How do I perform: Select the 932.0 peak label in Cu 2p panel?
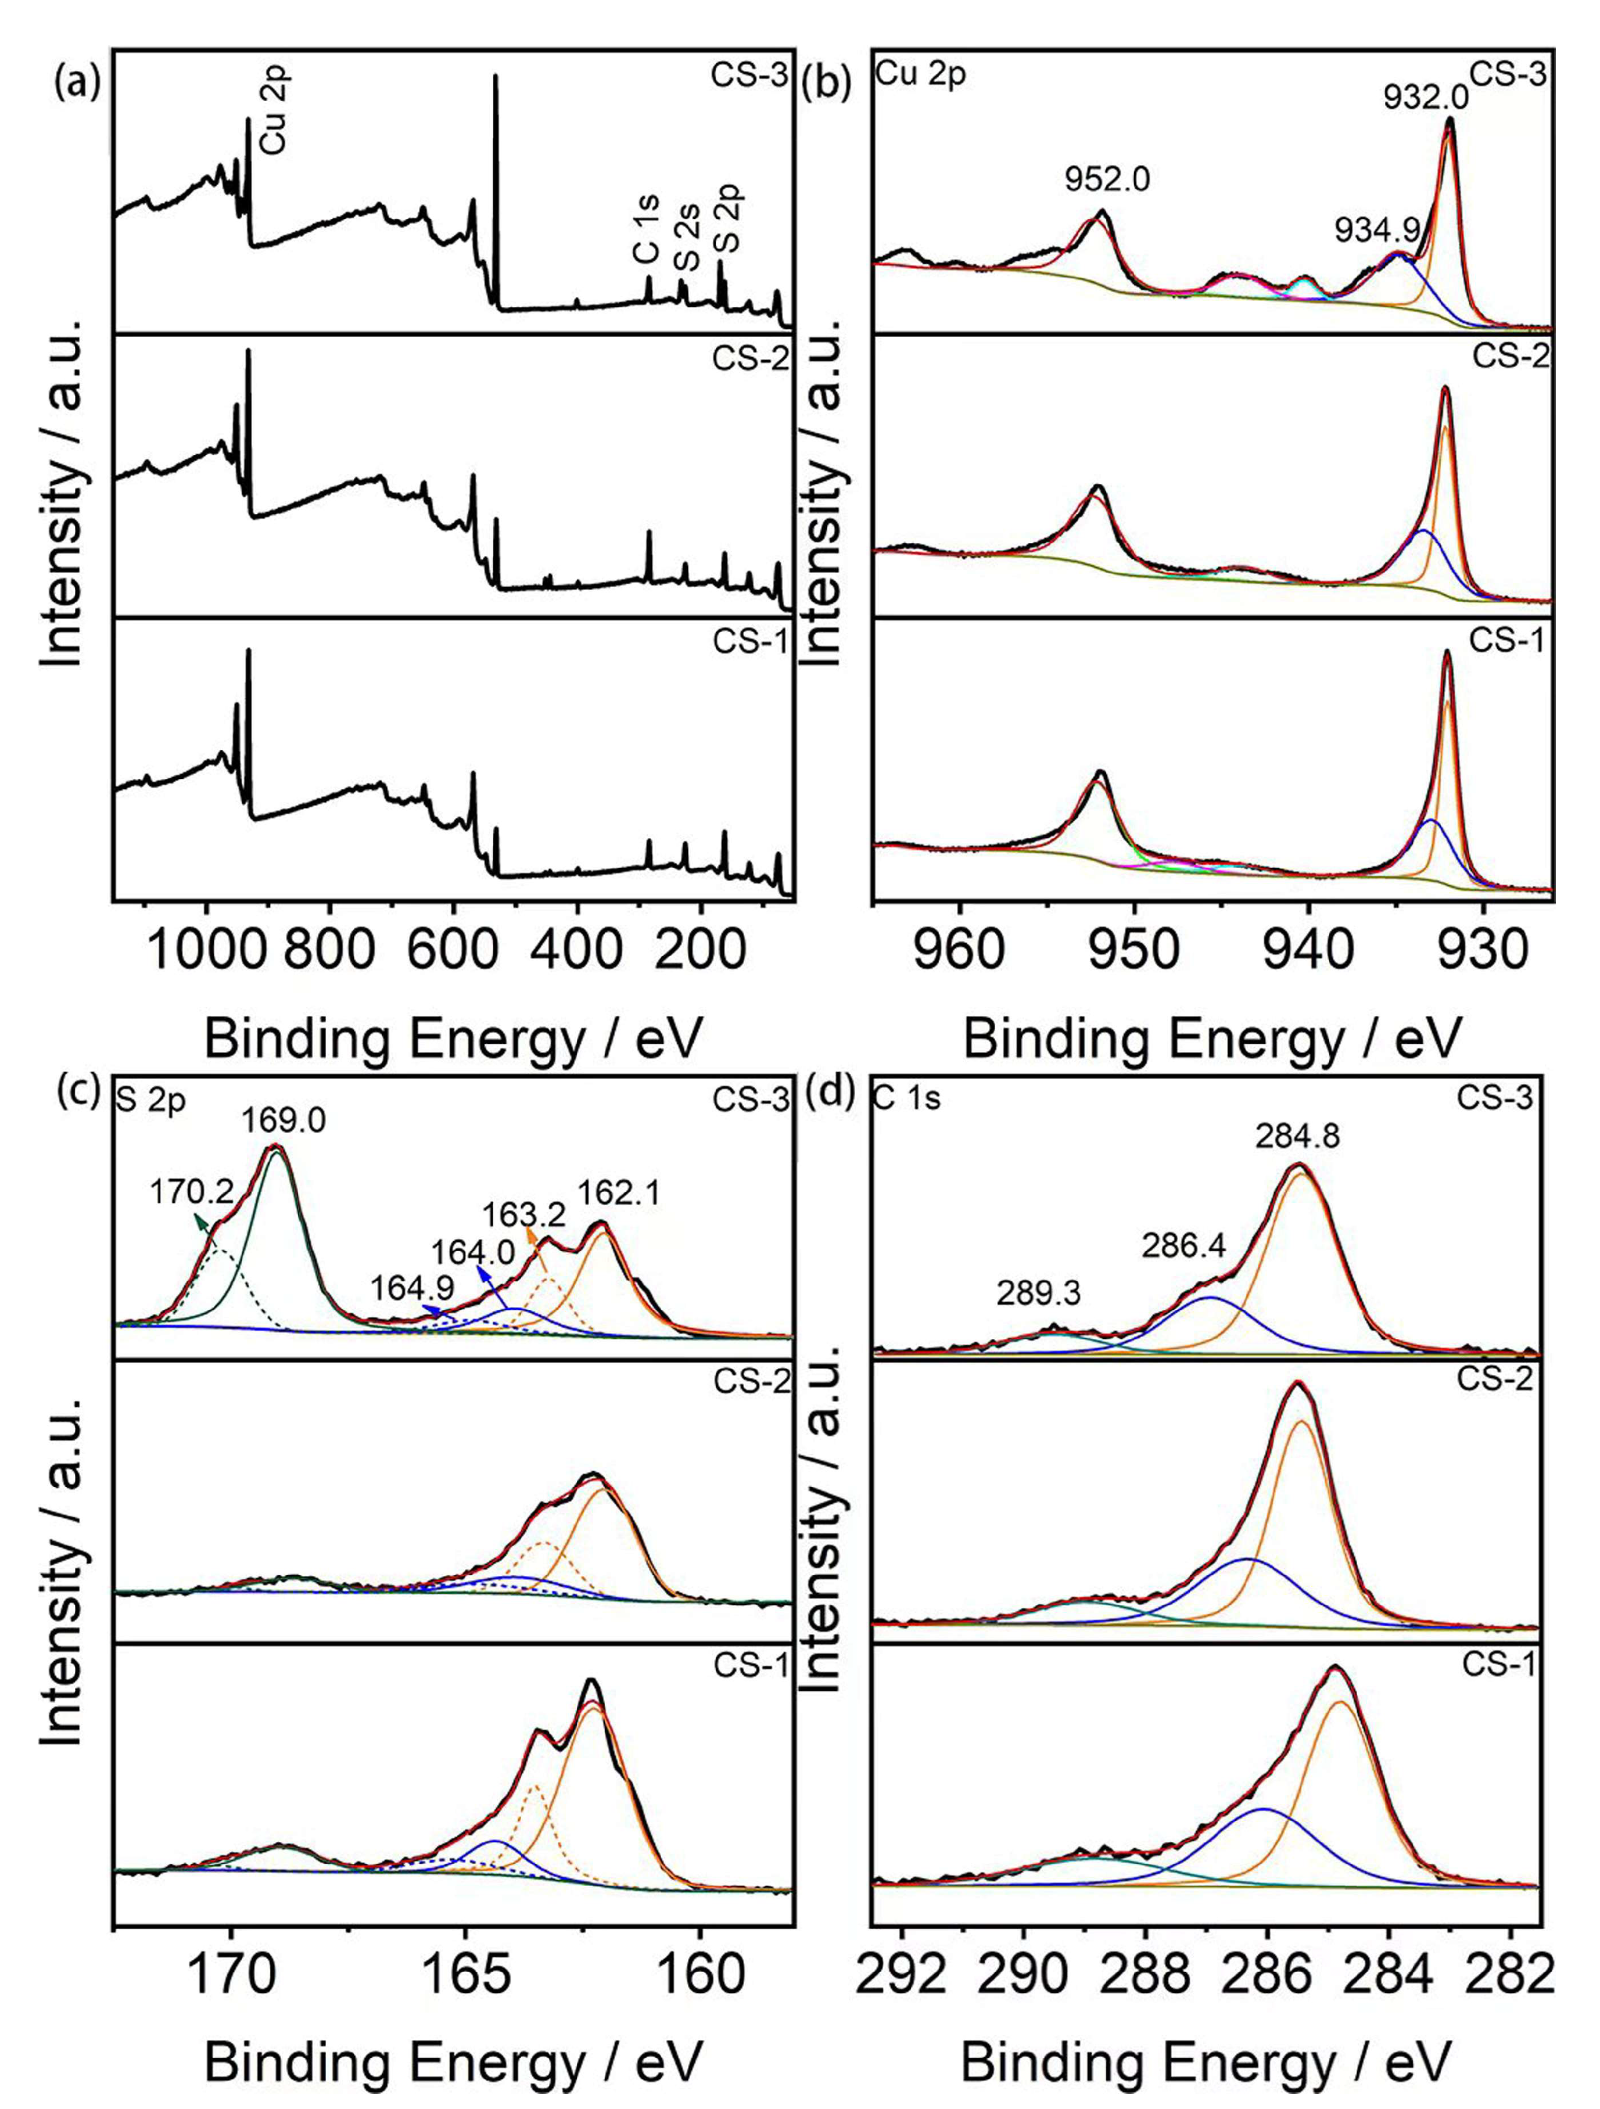[x=1426, y=95]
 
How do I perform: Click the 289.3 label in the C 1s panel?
[x=1038, y=1293]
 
